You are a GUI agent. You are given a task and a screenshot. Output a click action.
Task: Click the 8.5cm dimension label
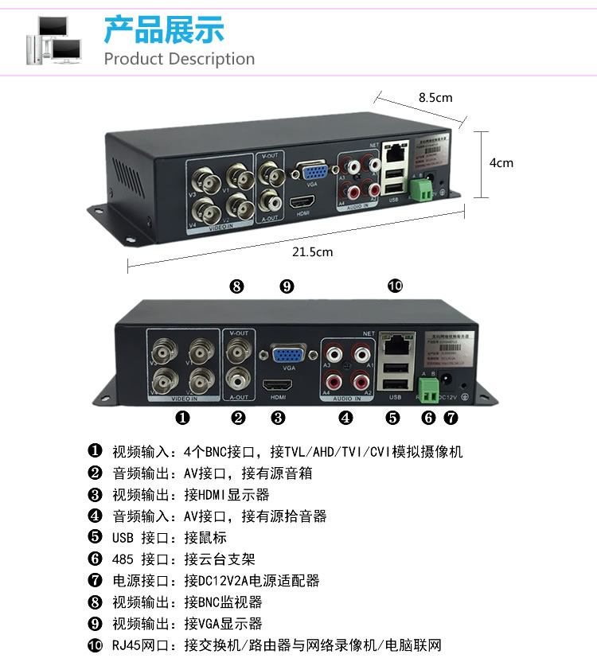435,98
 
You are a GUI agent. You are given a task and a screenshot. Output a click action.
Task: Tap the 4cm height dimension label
501,162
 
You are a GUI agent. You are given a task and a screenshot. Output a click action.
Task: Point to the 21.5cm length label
312,251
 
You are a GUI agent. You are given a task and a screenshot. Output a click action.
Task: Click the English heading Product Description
179,59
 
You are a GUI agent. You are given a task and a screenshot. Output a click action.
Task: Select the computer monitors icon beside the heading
54,40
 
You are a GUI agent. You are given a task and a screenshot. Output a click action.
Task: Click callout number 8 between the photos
236,286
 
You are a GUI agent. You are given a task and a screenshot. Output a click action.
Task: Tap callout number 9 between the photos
287,286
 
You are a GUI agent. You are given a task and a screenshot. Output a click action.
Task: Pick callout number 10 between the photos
395,286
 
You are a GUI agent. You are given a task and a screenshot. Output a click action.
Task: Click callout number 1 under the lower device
182,416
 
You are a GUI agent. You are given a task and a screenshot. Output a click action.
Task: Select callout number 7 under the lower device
451,416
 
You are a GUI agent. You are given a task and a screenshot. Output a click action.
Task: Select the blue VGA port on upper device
310,174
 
